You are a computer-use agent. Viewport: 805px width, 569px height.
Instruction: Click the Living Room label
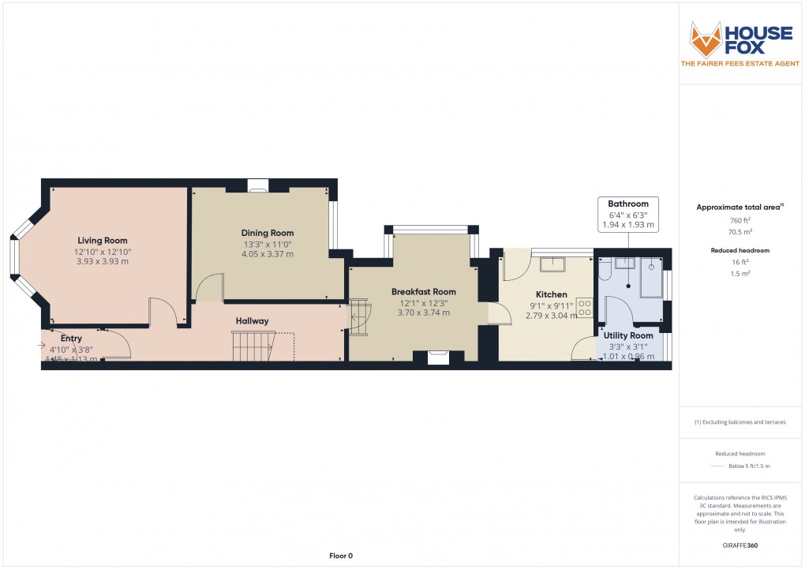pos(102,241)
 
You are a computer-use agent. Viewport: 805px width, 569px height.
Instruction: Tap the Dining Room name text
pos(268,233)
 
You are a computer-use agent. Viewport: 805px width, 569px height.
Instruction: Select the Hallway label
pos(252,321)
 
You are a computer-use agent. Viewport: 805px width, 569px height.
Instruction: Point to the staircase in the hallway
pos(253,346)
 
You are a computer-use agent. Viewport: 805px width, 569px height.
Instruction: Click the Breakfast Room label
pos(424,291)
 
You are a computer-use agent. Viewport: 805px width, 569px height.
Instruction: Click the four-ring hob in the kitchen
pos(585,307)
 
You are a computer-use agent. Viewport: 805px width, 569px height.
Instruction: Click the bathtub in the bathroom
pos(651,277)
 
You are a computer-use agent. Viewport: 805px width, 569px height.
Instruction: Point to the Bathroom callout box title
pos(628,204)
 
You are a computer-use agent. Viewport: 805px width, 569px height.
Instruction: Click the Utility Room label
pos(628,335)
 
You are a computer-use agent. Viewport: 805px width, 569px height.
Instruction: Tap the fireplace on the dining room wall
pos(257,186)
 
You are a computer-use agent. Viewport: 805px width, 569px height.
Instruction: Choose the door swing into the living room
pos(161,310)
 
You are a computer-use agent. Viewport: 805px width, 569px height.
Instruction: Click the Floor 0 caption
pos(341,556)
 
